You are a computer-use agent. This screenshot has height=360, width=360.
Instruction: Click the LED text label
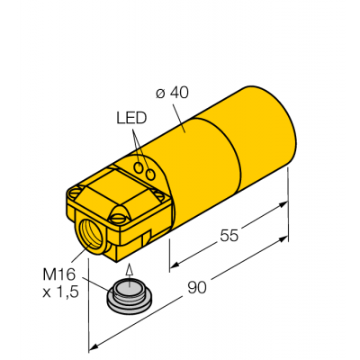(x=131, y=119)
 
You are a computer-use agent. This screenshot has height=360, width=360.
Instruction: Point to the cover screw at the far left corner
(x=75, y=193)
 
